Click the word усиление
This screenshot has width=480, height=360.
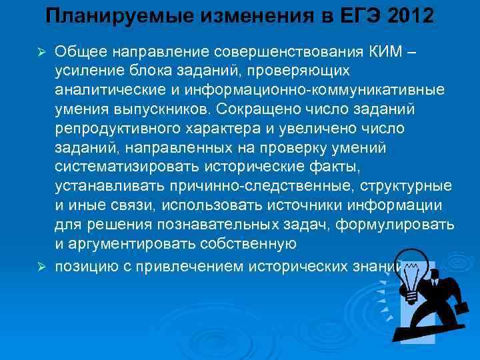[x=85, y=71]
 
